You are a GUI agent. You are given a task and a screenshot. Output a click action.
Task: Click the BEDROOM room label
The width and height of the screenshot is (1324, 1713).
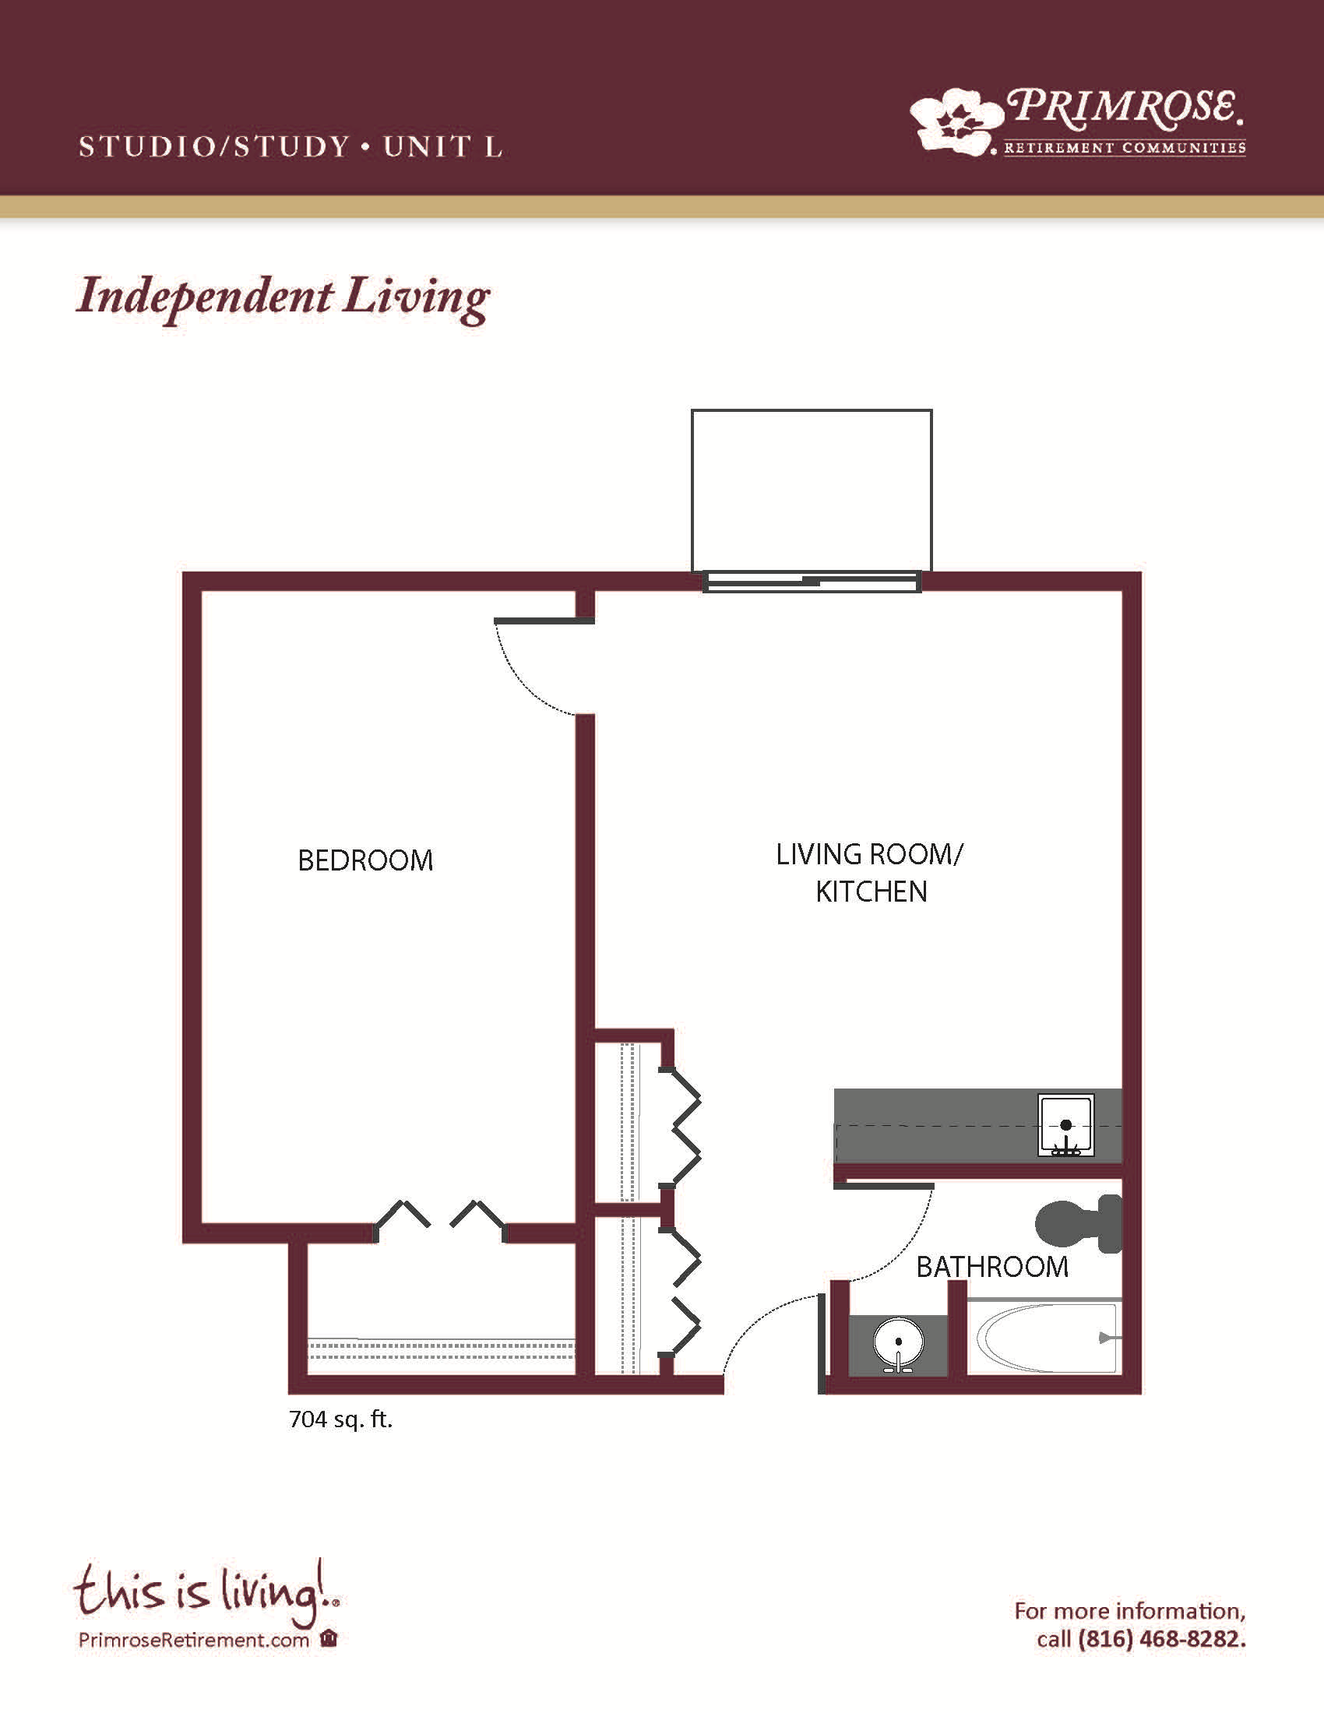(365, 860)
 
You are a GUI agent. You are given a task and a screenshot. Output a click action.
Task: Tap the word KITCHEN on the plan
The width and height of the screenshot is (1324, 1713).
(872, 892)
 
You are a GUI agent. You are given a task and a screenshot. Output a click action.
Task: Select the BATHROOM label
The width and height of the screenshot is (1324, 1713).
(992, 1267)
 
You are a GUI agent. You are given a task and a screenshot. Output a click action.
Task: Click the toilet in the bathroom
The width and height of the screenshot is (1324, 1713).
(1079, 1223)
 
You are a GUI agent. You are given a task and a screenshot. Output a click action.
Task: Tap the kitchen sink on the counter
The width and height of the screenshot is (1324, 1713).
(1066, 1126)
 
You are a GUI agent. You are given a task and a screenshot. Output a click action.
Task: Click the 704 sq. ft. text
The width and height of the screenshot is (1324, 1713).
(340, 1419)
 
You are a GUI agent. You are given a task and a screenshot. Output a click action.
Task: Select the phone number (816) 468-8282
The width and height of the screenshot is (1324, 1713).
(1162, 1639)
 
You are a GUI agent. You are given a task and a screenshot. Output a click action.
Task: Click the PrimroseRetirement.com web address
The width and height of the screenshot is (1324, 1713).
(194, 1640)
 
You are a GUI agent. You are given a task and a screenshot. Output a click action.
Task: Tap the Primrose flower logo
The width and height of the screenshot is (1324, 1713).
(957, 120)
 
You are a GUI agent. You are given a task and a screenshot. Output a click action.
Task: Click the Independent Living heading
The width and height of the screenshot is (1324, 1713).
(283, 298)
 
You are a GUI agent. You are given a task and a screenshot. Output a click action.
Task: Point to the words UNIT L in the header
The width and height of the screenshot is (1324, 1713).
(442, 146)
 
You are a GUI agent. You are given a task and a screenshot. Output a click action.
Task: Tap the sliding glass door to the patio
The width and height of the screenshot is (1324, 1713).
(812, 582)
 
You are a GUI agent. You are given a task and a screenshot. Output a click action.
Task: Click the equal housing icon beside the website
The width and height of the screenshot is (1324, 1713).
(329, 1638)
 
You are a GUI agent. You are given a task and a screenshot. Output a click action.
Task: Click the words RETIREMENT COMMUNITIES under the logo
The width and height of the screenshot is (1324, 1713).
(1125, 147)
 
